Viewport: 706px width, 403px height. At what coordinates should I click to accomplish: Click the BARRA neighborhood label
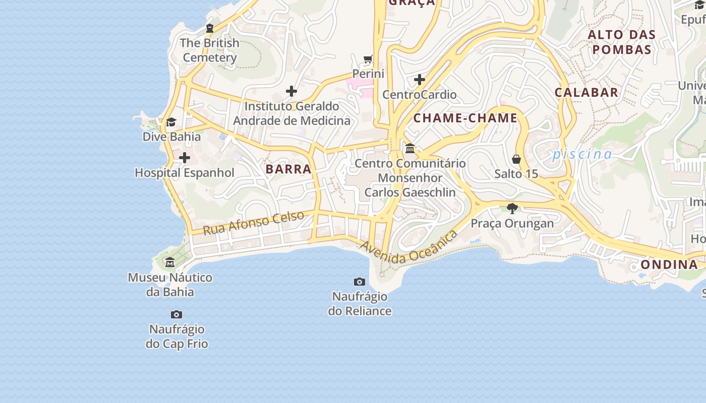[x=288, y=169]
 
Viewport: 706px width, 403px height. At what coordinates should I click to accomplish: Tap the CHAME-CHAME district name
[x=465, y=118]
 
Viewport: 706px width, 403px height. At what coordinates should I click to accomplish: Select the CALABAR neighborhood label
[x=586, y=92]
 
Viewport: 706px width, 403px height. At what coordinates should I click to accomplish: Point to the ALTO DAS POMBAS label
[x=622, y=42]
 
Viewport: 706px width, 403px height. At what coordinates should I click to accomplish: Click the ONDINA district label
[x=669, y=264]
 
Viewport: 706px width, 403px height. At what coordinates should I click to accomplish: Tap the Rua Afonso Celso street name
[x=254, y=223]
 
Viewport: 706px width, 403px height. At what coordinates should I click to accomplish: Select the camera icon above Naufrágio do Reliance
[x=360, y=282]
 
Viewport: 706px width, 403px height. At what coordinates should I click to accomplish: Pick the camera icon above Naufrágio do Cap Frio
[x=177, y=315]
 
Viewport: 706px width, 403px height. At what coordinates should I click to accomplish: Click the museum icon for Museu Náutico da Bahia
[x=170, y=262]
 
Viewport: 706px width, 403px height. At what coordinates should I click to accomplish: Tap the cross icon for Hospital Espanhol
[x=185, y=158]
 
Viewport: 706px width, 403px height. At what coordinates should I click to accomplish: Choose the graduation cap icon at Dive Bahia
[x=171, y=122]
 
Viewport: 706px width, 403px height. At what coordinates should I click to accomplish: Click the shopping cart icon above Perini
[x=368, y=59]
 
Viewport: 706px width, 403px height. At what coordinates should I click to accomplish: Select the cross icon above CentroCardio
[x=419, y=80]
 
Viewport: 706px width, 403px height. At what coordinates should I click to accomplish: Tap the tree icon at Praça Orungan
[x=512, y=208]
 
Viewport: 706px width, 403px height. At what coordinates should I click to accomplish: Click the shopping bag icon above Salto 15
[x=516, y=159]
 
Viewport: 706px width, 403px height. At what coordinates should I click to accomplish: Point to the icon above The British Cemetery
[x=210, y=28]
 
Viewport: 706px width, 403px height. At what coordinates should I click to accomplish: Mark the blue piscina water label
[x=582, y=154]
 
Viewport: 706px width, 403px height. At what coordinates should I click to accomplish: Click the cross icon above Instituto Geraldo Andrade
[x=291, y=91]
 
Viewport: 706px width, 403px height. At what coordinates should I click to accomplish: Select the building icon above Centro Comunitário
[x=410, y=149]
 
